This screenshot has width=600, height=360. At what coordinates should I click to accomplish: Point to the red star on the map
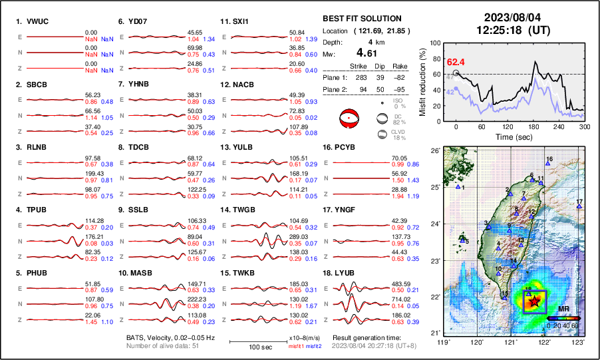(x=533, y=301)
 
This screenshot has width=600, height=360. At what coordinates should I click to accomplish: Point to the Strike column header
(x=360, y=66)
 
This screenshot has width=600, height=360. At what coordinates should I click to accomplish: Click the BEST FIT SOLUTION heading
(x=361, y=19)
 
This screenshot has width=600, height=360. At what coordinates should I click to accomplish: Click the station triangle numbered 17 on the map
(x=579, y=206)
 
